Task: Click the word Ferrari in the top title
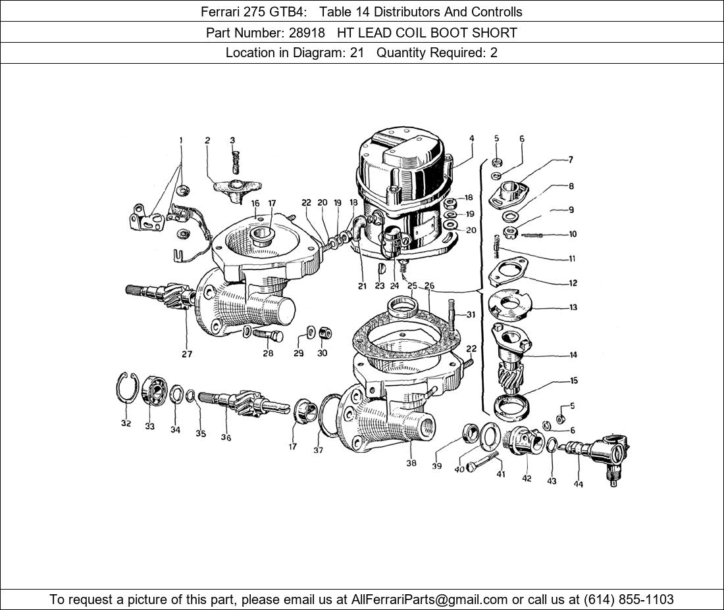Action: point(222,12)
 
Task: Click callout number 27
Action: point(187,354)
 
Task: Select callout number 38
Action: point(411,463)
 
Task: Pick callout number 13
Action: point(573,308)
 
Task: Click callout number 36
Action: point(226,438)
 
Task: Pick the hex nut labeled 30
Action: point(324,333)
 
